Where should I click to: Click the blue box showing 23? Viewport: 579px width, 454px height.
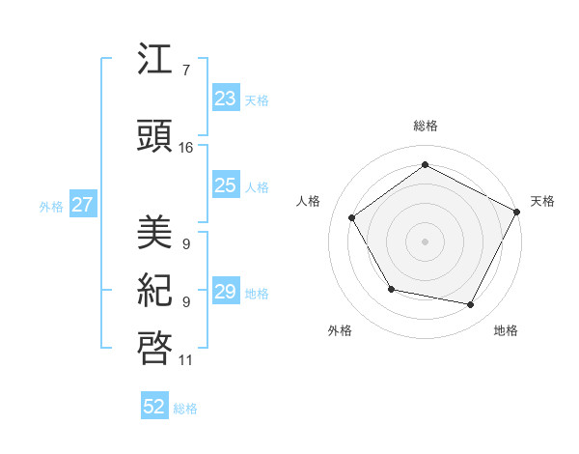(225, 98)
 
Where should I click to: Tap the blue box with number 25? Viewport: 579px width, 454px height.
(225, 185)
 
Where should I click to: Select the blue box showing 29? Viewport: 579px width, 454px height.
(225, 292)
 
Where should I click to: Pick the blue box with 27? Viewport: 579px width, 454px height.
(83, 205)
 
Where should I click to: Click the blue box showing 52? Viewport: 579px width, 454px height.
(154, 407)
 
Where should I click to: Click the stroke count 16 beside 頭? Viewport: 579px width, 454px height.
(185, 148)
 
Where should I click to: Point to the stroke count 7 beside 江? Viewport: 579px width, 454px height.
(185, 71)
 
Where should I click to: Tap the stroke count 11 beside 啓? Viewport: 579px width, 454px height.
(185, 360)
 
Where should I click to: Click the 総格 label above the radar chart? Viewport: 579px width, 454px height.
(426, 126)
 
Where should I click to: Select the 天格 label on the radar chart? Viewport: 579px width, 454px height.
(542, 201)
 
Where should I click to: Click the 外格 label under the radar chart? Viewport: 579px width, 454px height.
(340, 331)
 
